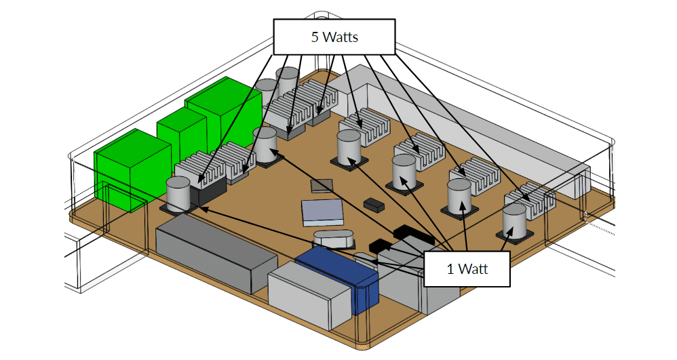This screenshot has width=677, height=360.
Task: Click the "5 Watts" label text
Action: click(x=334, y=37)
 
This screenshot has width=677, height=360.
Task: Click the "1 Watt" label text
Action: click(x=467, y=268)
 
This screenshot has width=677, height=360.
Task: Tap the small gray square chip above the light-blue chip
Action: click(x=322, y=184)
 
